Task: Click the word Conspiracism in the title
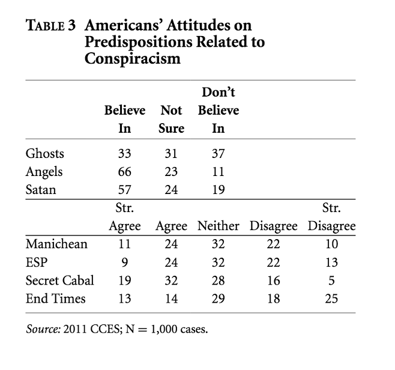133,60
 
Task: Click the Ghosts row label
45,153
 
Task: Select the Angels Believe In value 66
125,171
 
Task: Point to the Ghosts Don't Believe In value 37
219,153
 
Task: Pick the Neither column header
219,226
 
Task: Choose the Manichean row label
57,244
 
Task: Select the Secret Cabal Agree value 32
171,280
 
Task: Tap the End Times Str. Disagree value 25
331,298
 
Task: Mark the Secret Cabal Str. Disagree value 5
331,280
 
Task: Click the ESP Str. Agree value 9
125,262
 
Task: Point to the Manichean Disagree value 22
273,244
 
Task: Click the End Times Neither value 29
219,298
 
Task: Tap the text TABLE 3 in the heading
51,26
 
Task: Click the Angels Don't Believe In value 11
219,171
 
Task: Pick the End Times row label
56,298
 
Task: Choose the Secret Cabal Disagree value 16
273,280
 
